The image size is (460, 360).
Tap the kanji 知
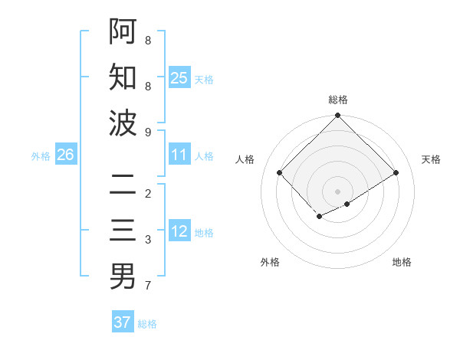(123, 77)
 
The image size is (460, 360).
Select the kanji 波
(123, 123)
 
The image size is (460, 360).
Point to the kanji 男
(123, 277)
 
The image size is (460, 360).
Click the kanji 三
(123, 231)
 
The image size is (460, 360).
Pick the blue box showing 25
(179, 77)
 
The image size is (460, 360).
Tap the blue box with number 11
(179, 155)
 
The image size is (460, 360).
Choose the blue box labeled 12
(179, 231)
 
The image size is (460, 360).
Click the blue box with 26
(65, 155)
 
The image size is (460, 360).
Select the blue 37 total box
(123, 322)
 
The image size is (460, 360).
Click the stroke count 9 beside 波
(148, 132)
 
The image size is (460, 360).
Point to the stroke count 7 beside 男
(148, 286)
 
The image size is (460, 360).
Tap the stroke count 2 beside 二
(148, 193)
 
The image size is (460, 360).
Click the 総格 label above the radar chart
(338, 100)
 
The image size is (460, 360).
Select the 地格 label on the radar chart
(402, 262)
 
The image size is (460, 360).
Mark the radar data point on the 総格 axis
(337, 116)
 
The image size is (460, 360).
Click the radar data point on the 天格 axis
(396, 172)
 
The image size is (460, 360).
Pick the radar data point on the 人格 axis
(280, 172)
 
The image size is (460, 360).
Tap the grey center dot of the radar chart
(337, 191)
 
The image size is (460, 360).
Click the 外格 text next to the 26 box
(41, 155)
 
